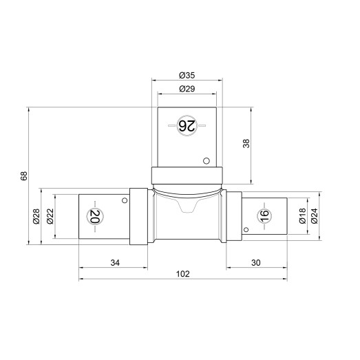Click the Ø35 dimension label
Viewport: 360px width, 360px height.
(x=187, y=75)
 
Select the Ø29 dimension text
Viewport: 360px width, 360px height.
(x=187, y=89)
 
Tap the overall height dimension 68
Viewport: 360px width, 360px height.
(x=24, y=176)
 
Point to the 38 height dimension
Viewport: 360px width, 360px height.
(x=246, y=143)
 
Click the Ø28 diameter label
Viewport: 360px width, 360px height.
(x=36, y=217)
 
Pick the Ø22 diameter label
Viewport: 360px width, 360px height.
(x=50, y=216)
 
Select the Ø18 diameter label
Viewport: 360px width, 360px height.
(x=302, y=216)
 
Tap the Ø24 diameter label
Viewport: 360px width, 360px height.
(x=314, y=216)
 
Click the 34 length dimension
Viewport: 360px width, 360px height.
(x=115, y=263)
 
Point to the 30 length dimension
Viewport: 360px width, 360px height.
(x=256, y=263)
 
